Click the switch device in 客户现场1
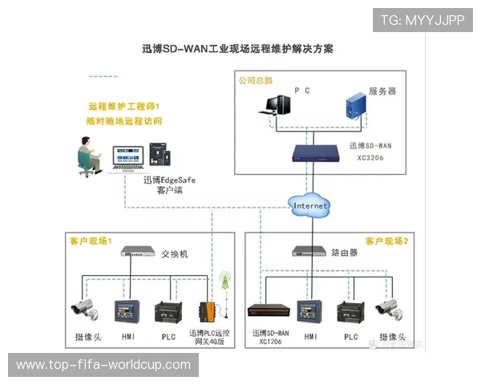pyautogui.click(x=139, y=252)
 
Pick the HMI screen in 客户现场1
pyautogui.click(x=127, y=311)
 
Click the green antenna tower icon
pyautogui.click(x=225, y=280)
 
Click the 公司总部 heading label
pyautogui.click(x=255, y=80)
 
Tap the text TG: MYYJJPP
pyautogui.click(x=422, y=20)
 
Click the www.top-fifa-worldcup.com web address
pyautogui.click(x=103, y=365)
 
